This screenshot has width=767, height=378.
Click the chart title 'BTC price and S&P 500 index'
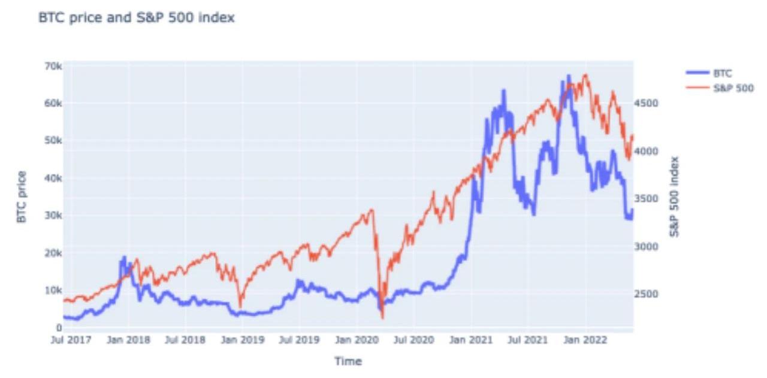pos(136,19)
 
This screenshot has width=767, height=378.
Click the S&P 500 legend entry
pos(732,88)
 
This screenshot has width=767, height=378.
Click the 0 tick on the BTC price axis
pos(58,328)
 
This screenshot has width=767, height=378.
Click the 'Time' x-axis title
pos(348,361)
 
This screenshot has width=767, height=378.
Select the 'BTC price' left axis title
pos(22,196)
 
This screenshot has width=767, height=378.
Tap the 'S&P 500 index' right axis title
pos(675,196)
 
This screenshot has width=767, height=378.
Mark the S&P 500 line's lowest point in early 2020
pos(382,317)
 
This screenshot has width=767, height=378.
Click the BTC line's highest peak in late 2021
pos(568,75)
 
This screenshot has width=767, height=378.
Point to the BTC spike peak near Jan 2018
pos(125,256)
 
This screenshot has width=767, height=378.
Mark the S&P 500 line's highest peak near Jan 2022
pos(585,75)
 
